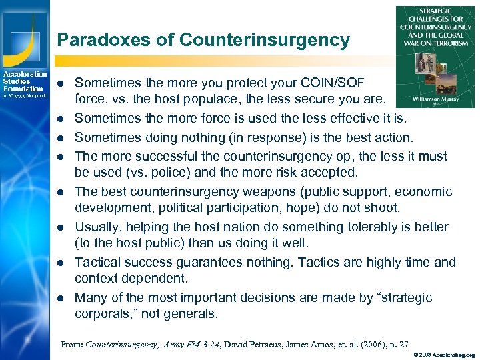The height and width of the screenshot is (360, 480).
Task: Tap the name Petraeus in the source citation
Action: point(251,345)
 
